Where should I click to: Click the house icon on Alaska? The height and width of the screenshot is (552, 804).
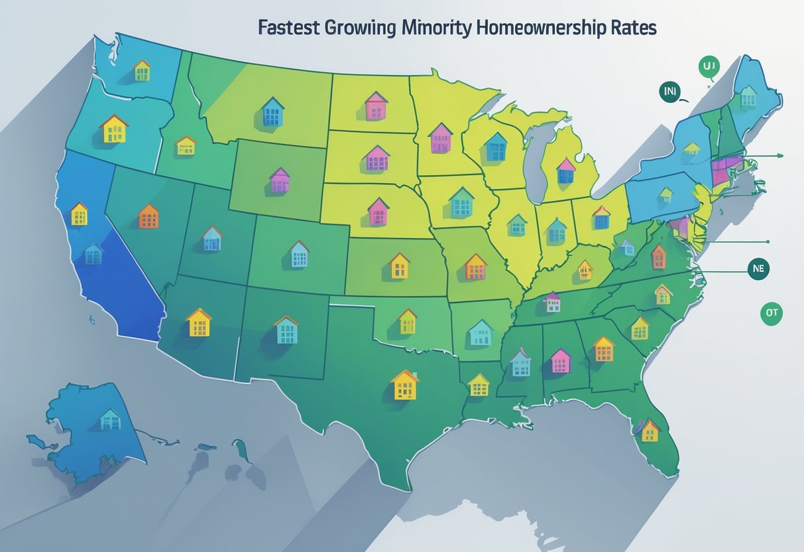[110, 419]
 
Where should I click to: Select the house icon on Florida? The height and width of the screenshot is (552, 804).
[650, 431]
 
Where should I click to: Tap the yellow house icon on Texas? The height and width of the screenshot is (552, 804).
[405, 385]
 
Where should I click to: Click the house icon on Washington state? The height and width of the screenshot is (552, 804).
[142, 70]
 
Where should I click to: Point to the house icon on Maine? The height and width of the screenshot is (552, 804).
[748, 97]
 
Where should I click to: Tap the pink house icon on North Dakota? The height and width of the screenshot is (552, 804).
[376, 105]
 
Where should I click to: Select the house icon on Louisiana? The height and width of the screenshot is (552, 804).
[479, 384]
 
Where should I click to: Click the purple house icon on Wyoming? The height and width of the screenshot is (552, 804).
[280, 180]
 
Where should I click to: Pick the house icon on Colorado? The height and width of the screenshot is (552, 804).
[299, 254]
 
